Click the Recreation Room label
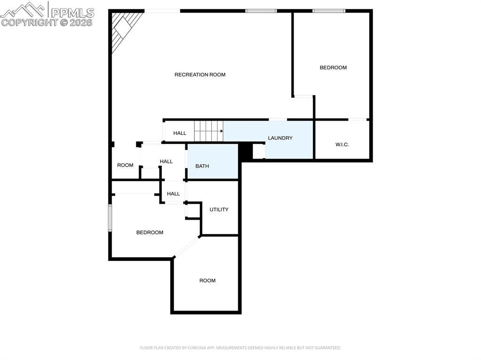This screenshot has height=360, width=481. coord(200,75)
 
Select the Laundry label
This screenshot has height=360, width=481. coord(280,138)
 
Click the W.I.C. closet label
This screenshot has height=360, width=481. coord(342,145)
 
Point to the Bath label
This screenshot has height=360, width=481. coord(202,166)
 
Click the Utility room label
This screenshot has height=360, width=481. coord(219,209)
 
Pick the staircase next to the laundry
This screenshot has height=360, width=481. coord(209,131)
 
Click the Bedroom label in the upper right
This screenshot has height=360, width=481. coord(333,68)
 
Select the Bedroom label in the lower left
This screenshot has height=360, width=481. coord(150,232)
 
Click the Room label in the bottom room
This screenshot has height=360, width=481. coord(207,281)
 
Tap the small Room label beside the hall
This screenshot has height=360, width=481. coord(125,165)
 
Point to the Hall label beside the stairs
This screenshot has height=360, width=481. coord(180,133)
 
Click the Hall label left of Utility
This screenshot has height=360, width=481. coord(173,194)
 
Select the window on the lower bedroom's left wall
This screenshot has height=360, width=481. coord(110,218)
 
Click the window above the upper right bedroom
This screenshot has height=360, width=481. coord(329,11)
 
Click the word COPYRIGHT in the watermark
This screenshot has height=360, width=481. coord(30,23)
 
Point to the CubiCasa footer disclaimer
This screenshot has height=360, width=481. coord(240,348)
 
